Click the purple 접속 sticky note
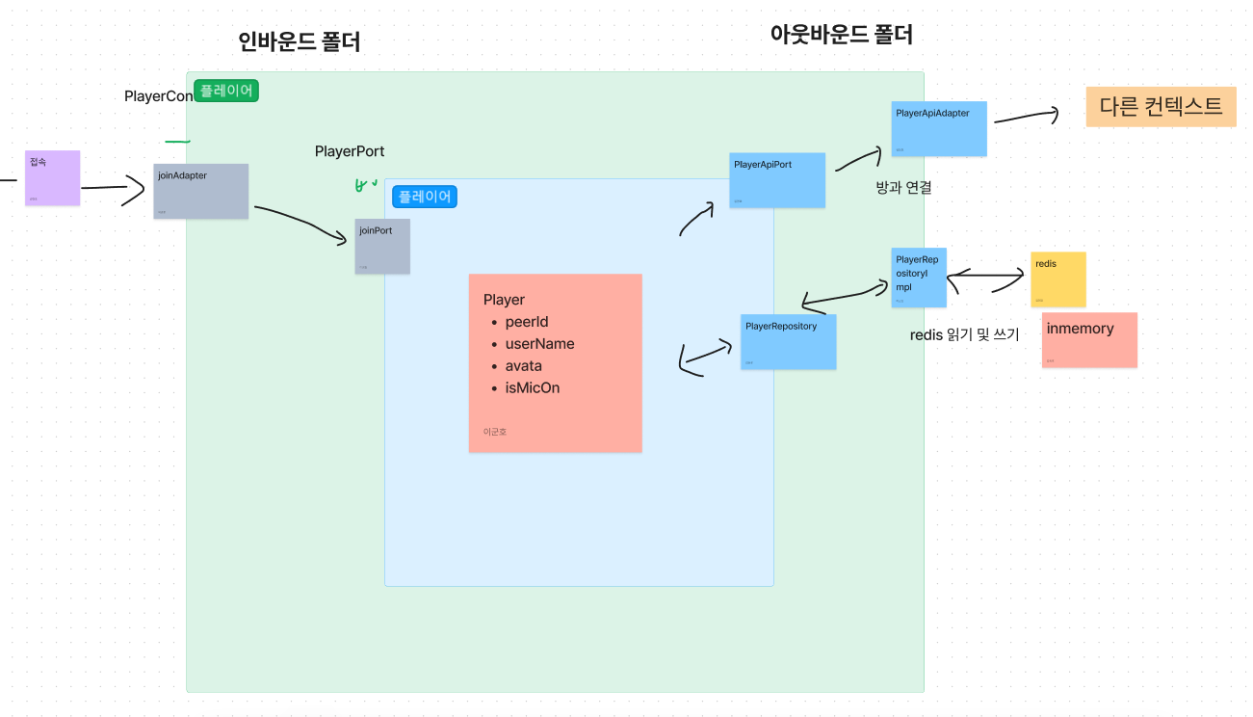pos(52,177)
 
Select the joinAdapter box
pos(200,191)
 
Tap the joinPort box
pos(381,246)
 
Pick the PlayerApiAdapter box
pos(939,128)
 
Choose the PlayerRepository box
pos(788,341)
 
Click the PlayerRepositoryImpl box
pos(919,278)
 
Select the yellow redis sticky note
pos(1057,279)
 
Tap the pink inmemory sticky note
pos(1089,339)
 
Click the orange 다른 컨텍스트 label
pos(1161,107)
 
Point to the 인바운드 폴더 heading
pos(299,41)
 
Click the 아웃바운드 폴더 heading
pos(841,35)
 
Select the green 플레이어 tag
pos(226,91)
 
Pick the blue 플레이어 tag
pos(425,196)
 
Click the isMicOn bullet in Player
pos(532,387)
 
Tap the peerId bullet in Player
pos(526,322)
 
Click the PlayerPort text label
pos(350,151)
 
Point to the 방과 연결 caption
pos(903,187)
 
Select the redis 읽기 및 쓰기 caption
pos(964,334)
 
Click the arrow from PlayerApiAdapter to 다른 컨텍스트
pos(1025,117)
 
